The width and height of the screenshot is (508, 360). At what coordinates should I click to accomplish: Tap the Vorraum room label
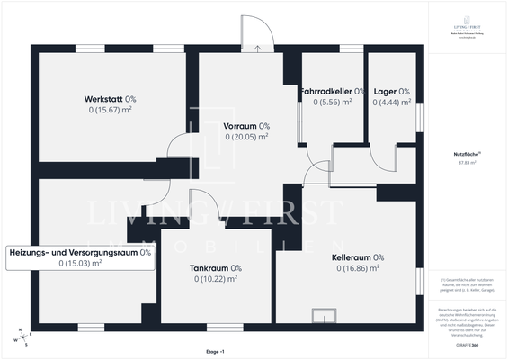[240, 126]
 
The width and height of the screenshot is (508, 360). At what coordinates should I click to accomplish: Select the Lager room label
[391, 91]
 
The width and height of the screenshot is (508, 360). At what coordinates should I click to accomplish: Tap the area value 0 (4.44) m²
[391, 103]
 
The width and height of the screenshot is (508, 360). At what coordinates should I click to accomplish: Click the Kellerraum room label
[358, 256]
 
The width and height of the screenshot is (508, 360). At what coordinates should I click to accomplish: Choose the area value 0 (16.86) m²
[358, 268]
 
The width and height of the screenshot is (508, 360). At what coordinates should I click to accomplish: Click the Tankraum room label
[215, 267]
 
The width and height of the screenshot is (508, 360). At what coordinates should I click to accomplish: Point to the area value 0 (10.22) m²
[215, 279]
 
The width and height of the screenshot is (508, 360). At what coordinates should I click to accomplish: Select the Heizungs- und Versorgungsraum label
[80, 252]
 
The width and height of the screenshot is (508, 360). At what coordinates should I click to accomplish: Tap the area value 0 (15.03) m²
[80, 264]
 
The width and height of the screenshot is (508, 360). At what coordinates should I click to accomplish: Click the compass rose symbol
[23, 338]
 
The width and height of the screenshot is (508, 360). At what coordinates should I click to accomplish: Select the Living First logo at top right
[467, 30]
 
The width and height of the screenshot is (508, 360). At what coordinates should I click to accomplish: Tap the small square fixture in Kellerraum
[321, 315]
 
